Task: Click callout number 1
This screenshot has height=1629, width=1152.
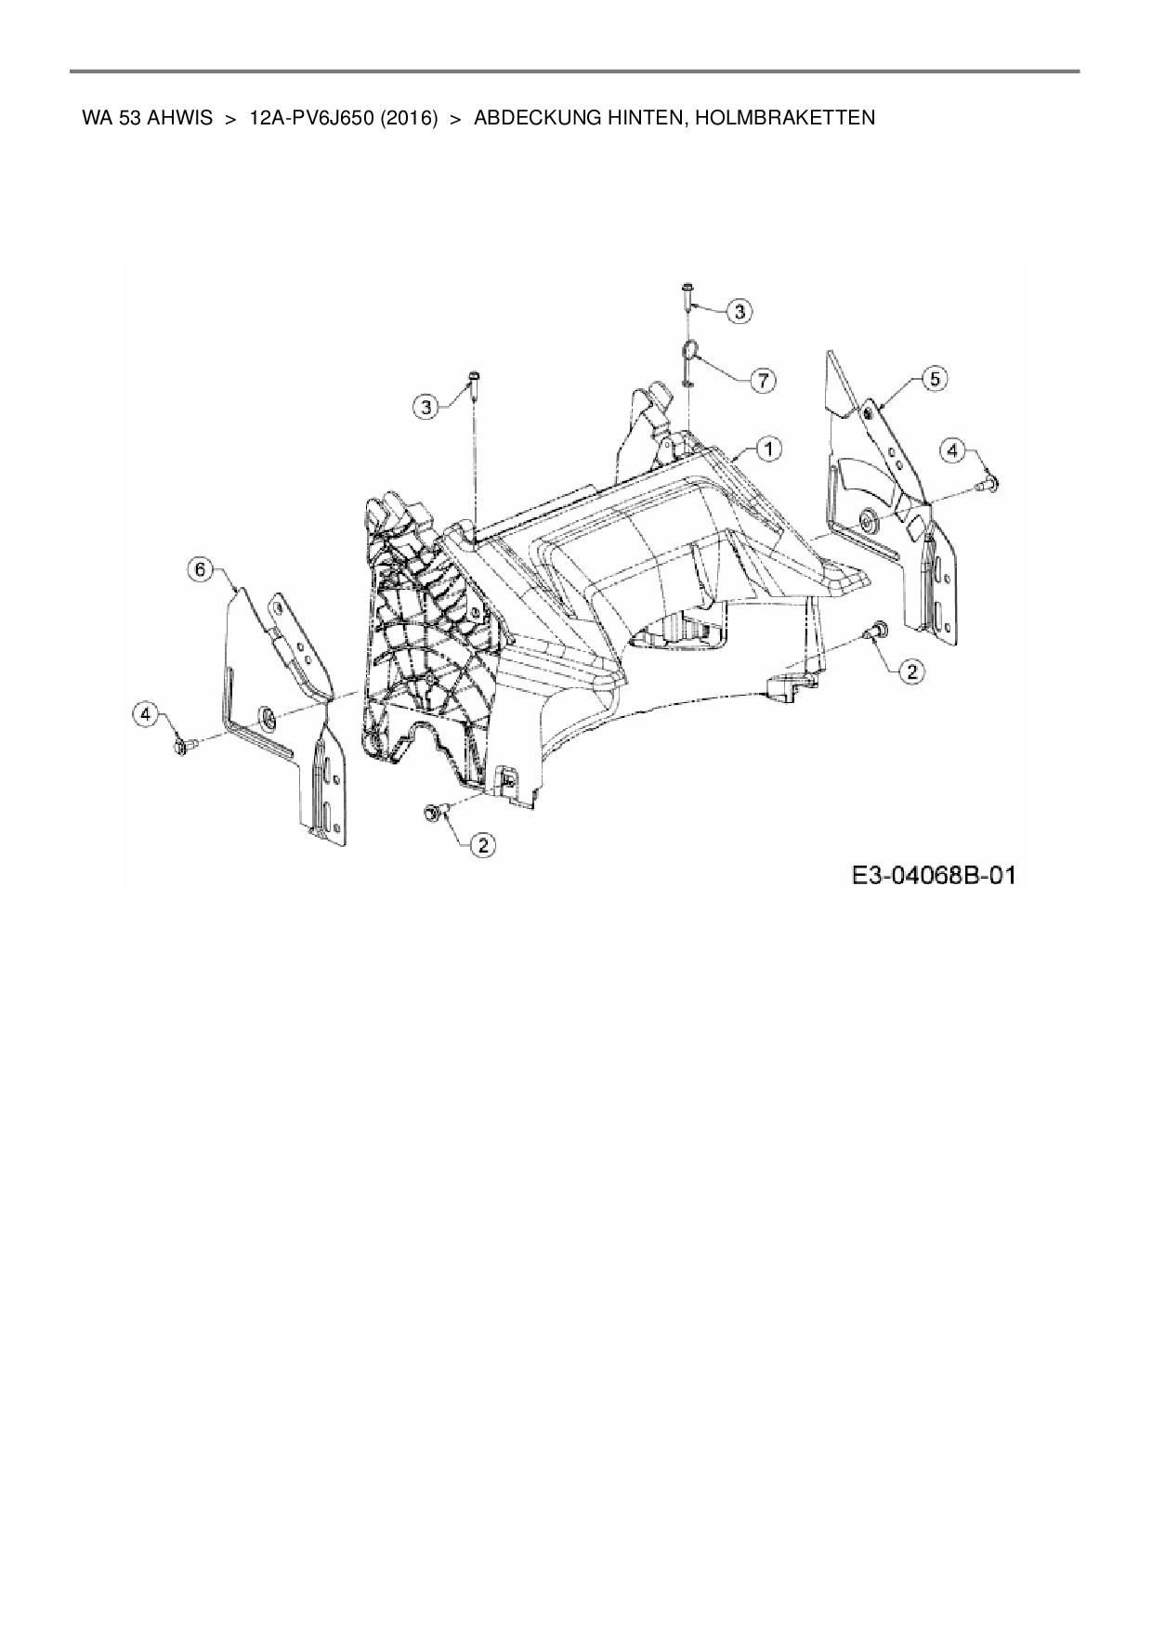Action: tap(768, 449)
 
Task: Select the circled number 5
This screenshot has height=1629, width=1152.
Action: tap(934, 378)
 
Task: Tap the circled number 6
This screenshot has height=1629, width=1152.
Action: tap(202, 568)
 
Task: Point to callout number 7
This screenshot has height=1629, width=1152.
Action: tap(763, 380)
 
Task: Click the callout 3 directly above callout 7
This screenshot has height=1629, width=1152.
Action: tap(740, 312)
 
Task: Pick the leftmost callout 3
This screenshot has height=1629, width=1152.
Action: tap(426, 406)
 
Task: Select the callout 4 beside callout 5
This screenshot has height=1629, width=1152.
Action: tap(952, 451)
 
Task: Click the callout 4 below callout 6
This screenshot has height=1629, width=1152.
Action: tap(144, 713)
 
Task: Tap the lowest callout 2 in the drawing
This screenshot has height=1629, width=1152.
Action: tap(482, 844)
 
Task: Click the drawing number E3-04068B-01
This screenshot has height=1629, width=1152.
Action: tap(931, 875)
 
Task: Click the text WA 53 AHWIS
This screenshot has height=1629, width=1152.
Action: tap(147, 118)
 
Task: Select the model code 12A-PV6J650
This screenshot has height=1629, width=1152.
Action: tap(310, 118)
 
